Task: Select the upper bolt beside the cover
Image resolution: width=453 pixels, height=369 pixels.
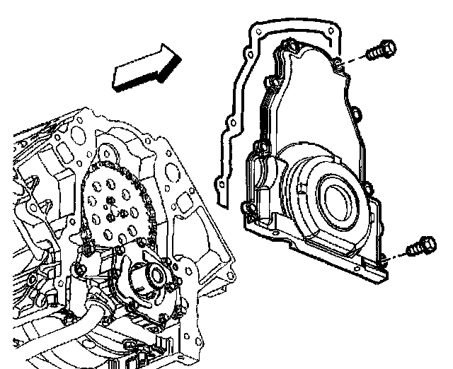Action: coord(381,52)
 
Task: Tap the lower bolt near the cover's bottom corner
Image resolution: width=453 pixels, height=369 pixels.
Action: coord(422,247)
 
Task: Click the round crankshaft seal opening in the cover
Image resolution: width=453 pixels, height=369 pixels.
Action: coord(338,194)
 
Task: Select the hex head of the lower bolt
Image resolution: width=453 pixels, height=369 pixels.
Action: coord(428,245)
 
